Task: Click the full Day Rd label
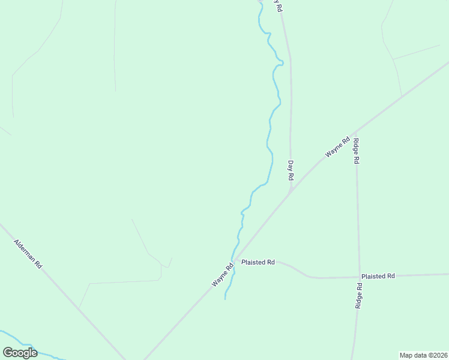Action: click(x=291, y=171)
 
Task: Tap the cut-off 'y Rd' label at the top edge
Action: click(x=277, y=5)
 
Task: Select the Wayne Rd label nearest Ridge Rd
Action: click(x=337, y=148)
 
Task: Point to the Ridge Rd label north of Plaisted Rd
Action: click(x=356, y=151)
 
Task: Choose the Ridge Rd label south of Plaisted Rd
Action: click(x=358, y=296)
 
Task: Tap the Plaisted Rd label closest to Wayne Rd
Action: click(x=258, y=262)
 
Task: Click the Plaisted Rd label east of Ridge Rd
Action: click(x=378, y=276)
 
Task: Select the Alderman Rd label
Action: click(x=28, y=254)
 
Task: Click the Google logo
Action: click(x=20, y=353)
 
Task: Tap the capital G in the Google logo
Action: click(x=8, y=353)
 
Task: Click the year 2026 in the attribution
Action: click(x=439, y=355)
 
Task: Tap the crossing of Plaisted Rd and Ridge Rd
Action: click(x=360, y=277)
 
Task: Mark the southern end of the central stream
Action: click(x=225, y=298)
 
